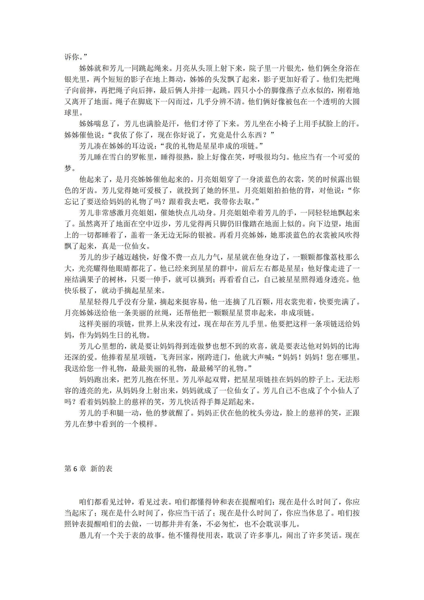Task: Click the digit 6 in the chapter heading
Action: click(75, 469)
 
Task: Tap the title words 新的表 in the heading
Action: click(101, 469)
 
